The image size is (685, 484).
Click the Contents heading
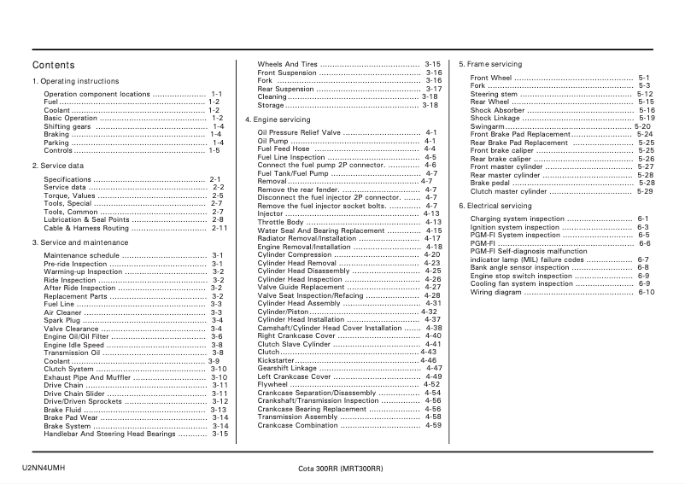pos(54,65)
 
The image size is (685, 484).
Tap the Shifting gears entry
pos(67,126)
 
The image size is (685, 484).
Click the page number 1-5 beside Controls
pos(214,150)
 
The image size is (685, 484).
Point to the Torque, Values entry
pos(70,195)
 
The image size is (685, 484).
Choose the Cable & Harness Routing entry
pos(86,229)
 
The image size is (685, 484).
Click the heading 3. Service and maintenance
pos(80,242)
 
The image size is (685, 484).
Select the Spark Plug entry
pos(62,320)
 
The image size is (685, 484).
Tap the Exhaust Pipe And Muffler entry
pos(87,377)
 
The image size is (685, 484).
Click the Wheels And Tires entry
pos(288,64)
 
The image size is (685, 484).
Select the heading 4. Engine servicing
pos(278,120)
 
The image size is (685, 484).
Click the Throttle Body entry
pos(280,222)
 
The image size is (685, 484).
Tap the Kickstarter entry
pos(275,360)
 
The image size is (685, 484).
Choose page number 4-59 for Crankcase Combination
pos(433,425)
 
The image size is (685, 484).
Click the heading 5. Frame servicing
pos(490,64)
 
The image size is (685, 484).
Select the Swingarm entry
pos(488,126)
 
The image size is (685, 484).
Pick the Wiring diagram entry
pos(495,292)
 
